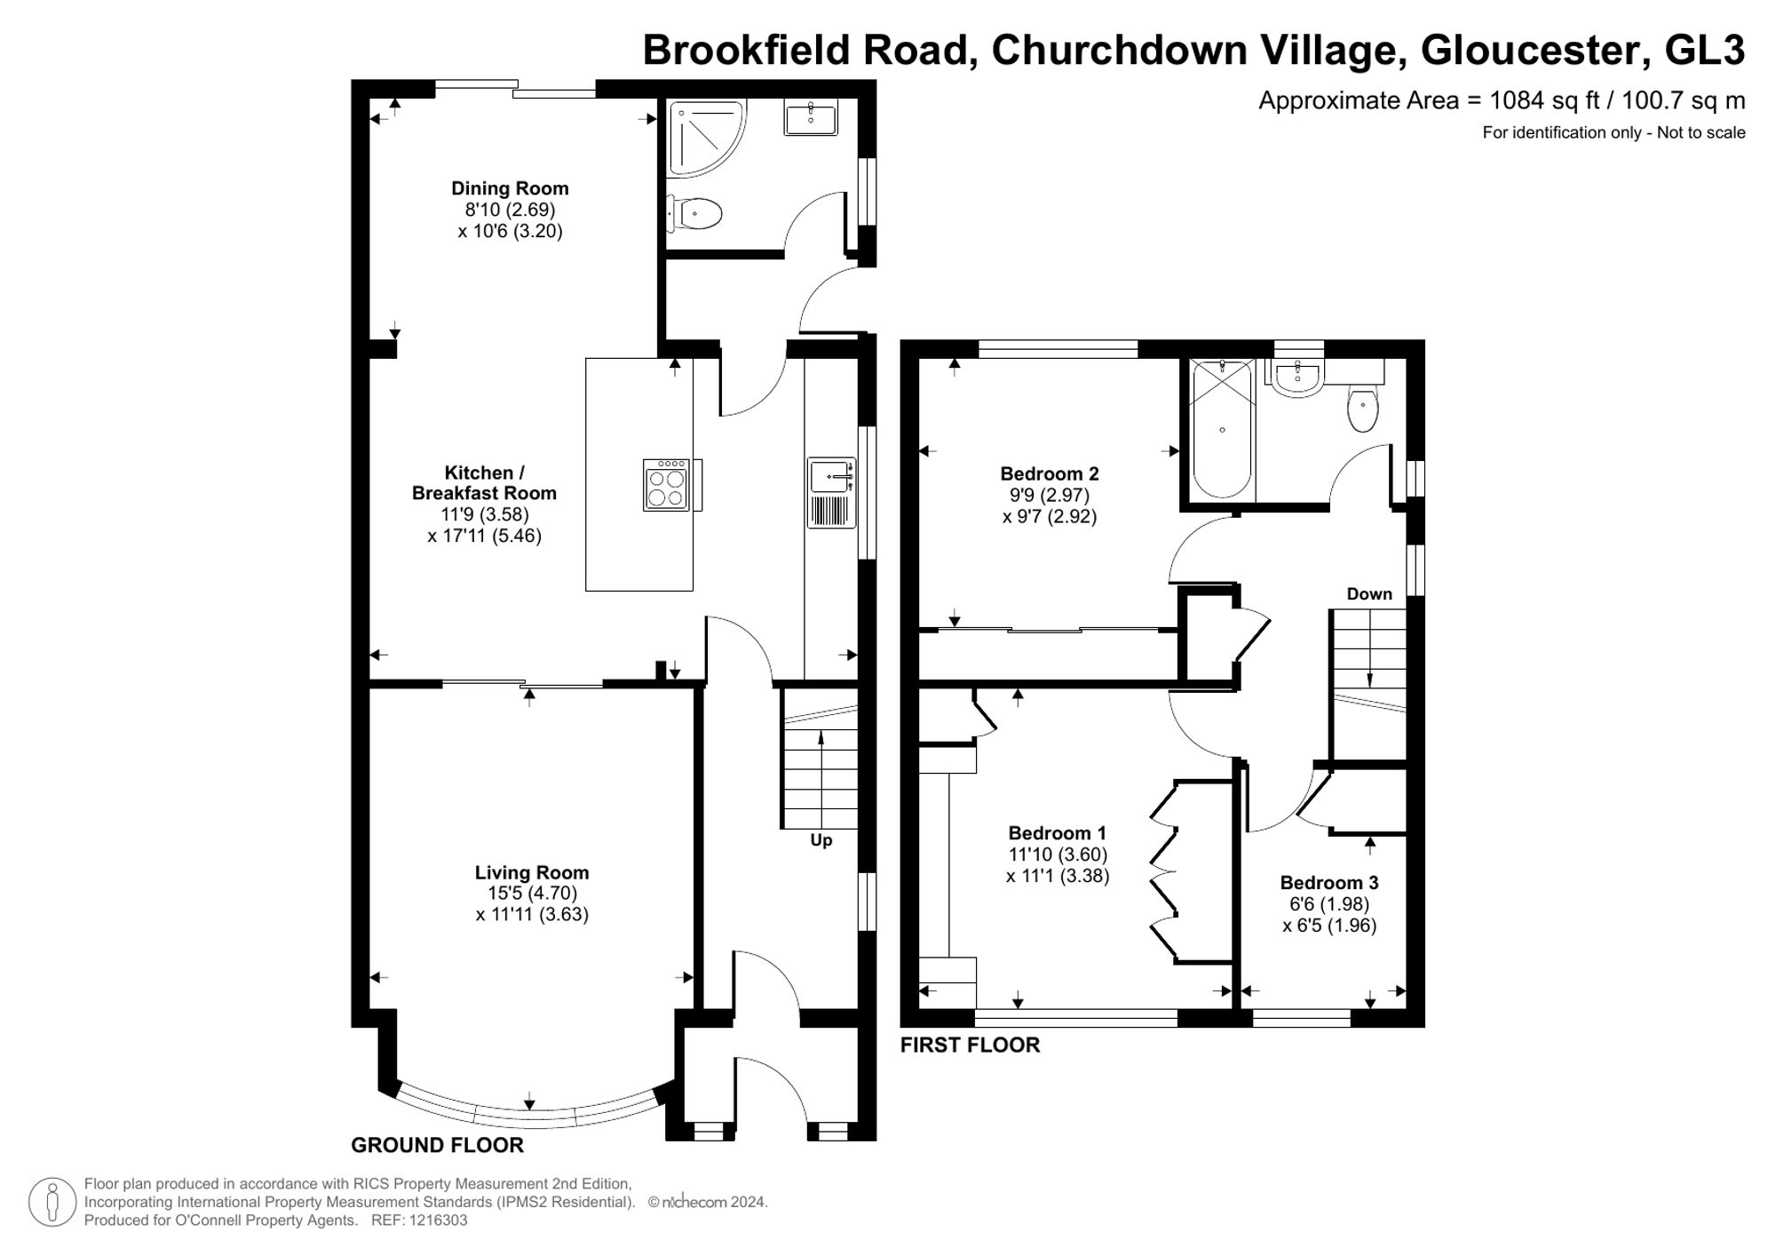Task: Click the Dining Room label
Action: coord(510,188)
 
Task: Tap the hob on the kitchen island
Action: coord(667,485)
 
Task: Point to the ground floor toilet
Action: coord(695,213)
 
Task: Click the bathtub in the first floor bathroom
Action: coord(1222,430)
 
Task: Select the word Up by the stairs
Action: coord(821,840)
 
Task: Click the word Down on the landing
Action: coord(1369,594)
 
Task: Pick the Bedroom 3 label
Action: coord(1328,883)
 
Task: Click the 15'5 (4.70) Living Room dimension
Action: coord(531,894)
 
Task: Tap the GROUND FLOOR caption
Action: coord(437,1146)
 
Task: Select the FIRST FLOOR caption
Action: coord(970,1045)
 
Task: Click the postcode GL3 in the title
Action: coord(1704,50)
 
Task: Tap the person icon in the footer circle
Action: coord(52,1202)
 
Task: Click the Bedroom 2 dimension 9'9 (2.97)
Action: coord(1049,496)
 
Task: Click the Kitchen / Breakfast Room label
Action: coord(484,483)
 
